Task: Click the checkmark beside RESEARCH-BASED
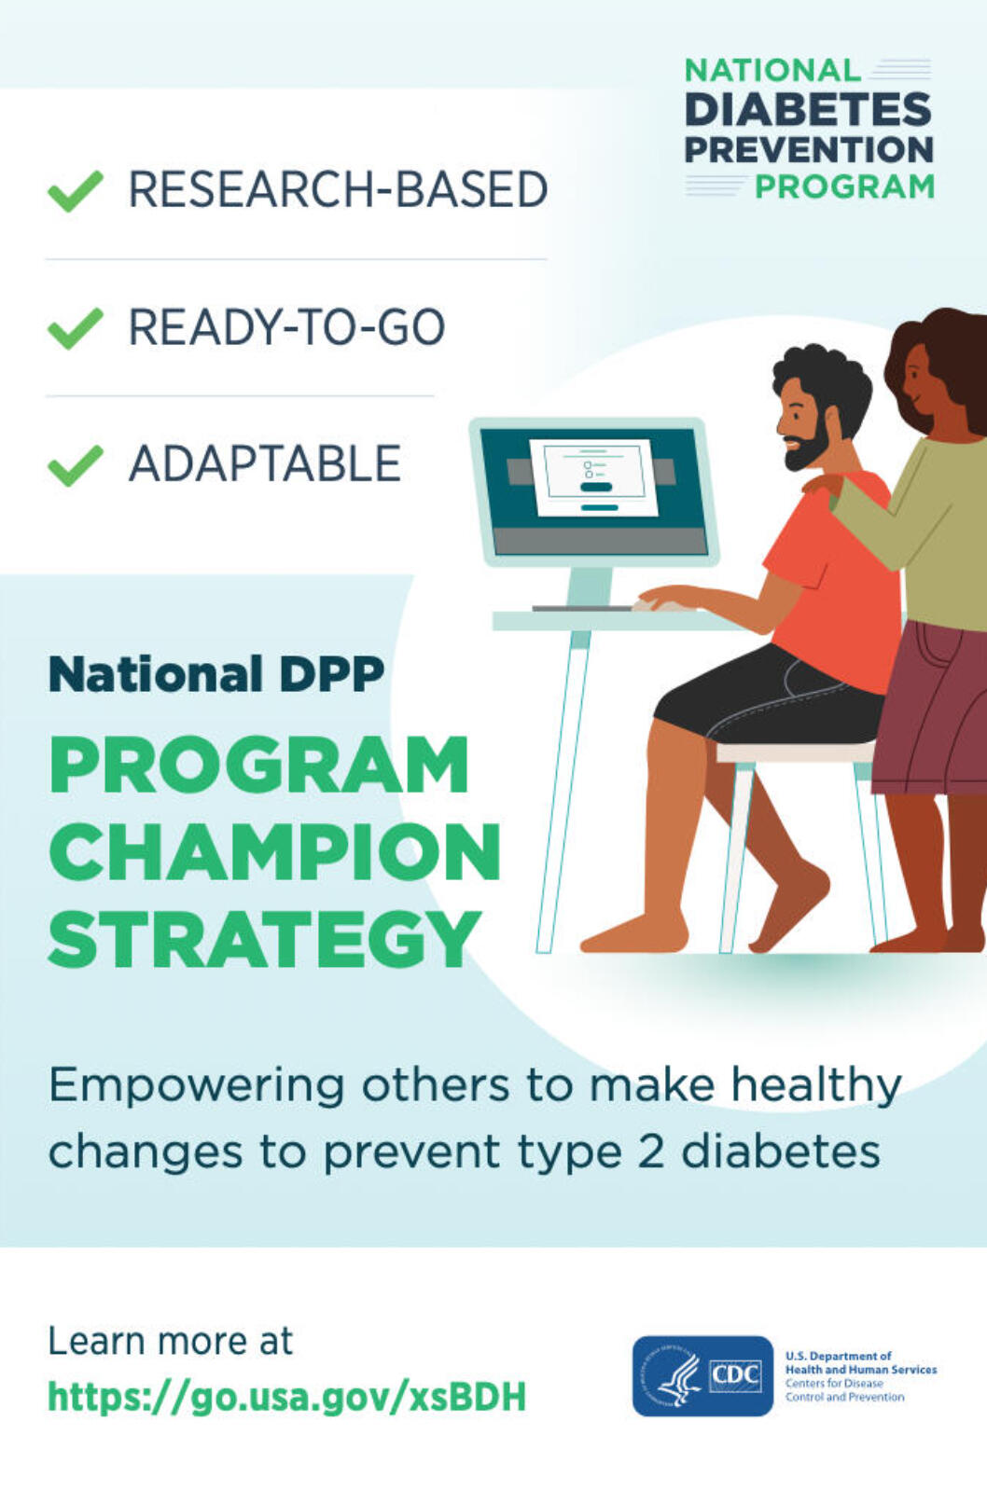76,191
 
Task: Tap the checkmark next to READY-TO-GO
76,328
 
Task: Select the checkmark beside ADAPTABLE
76,465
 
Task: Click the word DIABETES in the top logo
808,110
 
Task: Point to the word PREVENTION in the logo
809,150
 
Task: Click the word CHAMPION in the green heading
274,853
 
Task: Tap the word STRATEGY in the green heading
265,938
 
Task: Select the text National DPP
216,674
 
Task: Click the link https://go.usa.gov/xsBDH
286,1397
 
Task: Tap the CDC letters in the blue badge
735,1374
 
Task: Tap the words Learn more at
171,1342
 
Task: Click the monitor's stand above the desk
591,586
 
